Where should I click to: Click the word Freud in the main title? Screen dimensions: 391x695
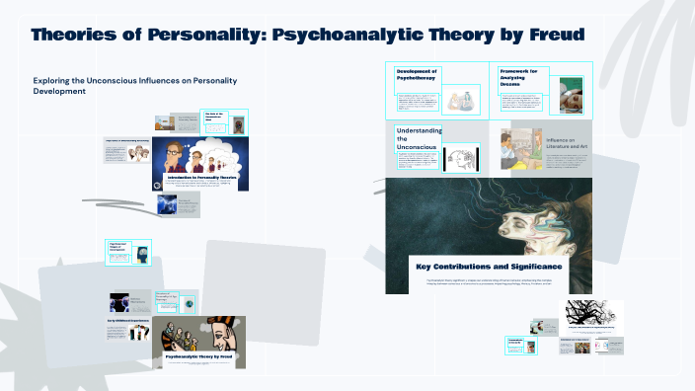click(552, 36)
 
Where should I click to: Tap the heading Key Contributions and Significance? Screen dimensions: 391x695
click(490, 267)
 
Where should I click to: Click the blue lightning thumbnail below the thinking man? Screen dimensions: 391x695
click(167, 204)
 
